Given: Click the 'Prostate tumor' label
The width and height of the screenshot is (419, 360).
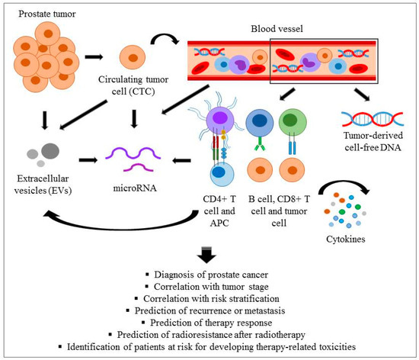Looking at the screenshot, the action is click(47, 14).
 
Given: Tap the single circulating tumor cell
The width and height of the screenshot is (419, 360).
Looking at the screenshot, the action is click(133, 57).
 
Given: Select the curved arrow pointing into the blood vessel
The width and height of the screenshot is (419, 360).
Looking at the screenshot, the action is click(165, 38).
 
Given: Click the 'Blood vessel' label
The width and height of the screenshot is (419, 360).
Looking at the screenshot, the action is click(277, 29).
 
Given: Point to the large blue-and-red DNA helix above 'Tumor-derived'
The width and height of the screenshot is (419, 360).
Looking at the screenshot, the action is click(373, 119).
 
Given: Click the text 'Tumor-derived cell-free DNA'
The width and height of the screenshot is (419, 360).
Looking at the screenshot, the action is click(373, 141).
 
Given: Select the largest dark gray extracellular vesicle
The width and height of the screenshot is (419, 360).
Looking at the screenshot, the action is click(50, 151).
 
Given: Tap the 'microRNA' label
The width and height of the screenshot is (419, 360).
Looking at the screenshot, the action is click(135, 188).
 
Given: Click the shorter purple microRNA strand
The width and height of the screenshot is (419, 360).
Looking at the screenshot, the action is click(139, 167).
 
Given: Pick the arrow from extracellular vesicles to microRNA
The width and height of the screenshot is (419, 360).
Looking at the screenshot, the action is click(88, 160).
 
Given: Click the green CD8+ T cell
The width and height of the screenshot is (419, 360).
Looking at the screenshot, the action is click(293, 122).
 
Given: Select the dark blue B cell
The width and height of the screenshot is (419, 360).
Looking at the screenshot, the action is click(260, 122).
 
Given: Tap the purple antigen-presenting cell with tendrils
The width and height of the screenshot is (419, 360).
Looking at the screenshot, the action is click(220, 118).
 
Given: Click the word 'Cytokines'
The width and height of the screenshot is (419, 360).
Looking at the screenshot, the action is click(346, 239).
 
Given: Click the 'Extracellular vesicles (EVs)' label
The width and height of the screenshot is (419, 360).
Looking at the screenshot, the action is click(43, 185).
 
